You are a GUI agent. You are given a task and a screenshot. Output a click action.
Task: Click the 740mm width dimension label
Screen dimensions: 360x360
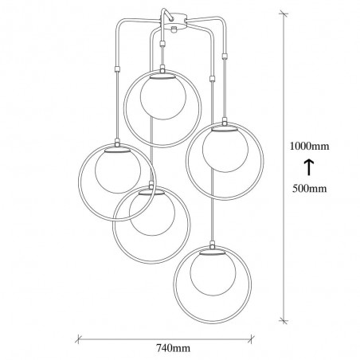[x=173, y=348]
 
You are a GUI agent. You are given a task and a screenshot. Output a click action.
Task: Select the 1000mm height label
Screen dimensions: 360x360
[x=309, y=146]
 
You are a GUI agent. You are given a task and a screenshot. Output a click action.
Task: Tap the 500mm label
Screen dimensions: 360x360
[x=309, y=189]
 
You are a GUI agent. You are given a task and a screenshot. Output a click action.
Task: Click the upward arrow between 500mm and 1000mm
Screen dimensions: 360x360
[x=309, y=167]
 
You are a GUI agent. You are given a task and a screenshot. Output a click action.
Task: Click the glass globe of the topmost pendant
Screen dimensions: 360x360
[x=162, y=98]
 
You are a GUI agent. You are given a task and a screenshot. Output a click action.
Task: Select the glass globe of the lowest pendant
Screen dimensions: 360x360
[x=213, y=274]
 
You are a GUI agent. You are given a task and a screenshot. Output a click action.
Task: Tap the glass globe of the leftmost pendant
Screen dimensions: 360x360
[x=118, y=171]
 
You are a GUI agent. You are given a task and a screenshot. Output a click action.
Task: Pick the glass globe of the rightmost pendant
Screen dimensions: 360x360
[x=225, y=150]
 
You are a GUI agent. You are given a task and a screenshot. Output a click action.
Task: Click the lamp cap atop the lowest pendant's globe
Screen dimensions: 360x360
[x=213, y=253]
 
